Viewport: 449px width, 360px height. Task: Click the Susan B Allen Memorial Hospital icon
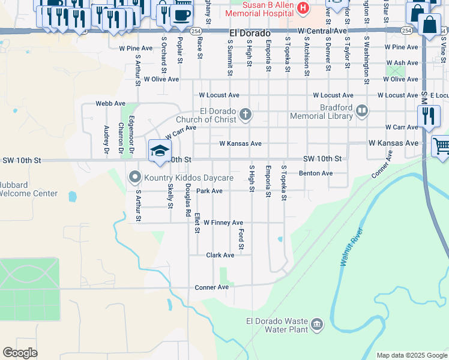[x=303, y=9]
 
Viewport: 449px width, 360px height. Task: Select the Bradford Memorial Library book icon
[x=361, y=110]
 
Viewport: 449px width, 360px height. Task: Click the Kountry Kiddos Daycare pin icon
[x=134, y=178]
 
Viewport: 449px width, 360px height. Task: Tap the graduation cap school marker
[x=160, y=151]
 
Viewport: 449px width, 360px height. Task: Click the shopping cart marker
[x=441, y=146]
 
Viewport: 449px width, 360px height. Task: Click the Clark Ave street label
[x=220, y=255]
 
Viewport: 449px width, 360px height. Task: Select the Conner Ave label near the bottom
[x=212, y=287]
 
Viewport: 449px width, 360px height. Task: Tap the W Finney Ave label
[x=223, y=223]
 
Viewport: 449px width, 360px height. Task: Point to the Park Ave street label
[x=209, y=191]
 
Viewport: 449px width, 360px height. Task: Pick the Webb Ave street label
[x=110, y=103]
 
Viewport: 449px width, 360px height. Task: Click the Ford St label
[x=241, y=239]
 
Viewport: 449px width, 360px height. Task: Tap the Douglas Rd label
[x=188, y=200]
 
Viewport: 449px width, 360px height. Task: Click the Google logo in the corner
[x=20, y=353]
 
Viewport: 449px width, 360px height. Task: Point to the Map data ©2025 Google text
[x=412, y=355]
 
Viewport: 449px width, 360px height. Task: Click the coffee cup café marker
[x=181, y=14]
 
